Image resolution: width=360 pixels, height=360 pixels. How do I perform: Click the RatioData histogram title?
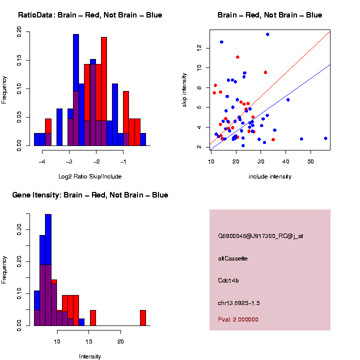[90, 15]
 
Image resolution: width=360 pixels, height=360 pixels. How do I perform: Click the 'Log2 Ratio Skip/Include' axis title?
[90, 176]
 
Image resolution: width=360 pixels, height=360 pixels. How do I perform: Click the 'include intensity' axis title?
[270, 176]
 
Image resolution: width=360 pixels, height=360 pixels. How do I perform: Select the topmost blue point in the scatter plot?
[267, 34]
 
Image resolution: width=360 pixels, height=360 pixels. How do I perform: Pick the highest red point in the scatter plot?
[237, 57]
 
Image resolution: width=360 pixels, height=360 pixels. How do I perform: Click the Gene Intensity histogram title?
[90, 195]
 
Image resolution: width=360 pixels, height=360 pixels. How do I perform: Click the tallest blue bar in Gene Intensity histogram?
[48, 270]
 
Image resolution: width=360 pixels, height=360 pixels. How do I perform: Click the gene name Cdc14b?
[228, 280]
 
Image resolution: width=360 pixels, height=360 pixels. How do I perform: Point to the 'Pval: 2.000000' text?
[238, 319]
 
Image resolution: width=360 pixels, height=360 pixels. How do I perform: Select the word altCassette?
[233, 258]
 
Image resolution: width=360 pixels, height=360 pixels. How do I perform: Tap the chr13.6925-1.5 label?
[239, 303]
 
